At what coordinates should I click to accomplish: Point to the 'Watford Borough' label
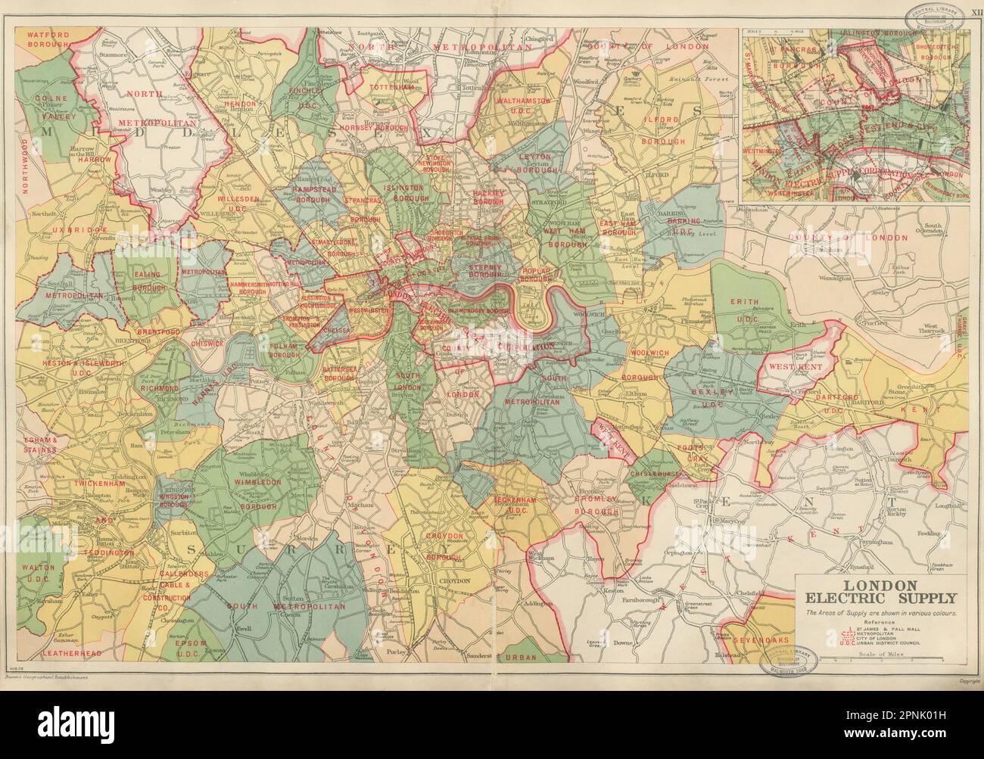click(48, 40)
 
